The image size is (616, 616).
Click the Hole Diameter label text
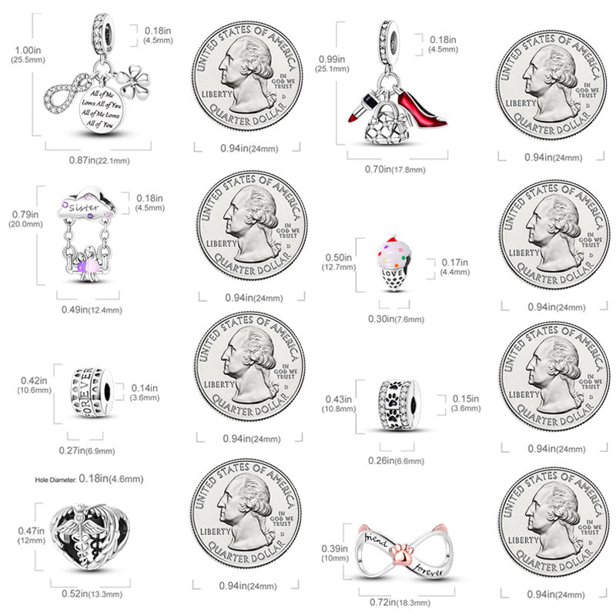[55, 479]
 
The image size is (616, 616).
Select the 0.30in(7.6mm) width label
[391, 318]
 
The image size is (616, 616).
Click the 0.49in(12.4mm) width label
[91, 310]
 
